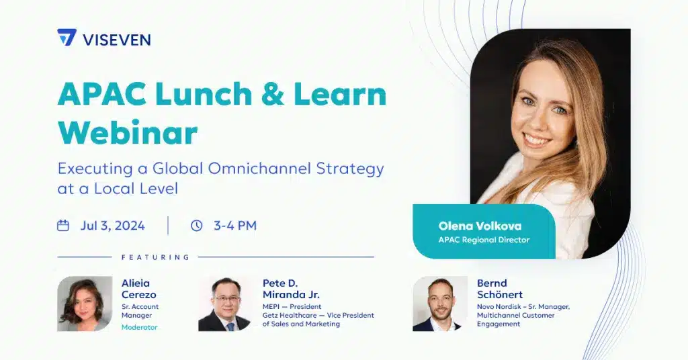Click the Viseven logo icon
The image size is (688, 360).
pos(67,38)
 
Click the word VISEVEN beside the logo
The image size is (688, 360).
pos(116,40)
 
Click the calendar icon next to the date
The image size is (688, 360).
pos(63,226)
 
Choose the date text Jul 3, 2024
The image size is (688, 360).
pos(112,226)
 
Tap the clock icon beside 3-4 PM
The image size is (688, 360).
pos(196,226)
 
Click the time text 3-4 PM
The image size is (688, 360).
pos(235,226)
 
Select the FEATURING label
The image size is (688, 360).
pos(155,257)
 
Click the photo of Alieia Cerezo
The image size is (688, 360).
pos(85,304)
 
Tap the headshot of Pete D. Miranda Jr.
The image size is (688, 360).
pos(225,304)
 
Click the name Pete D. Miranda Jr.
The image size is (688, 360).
pos(291,289)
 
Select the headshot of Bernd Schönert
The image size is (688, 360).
pos(440,304)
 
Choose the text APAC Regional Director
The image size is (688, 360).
pos(484,240)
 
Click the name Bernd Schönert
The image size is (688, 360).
pos(500,289)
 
